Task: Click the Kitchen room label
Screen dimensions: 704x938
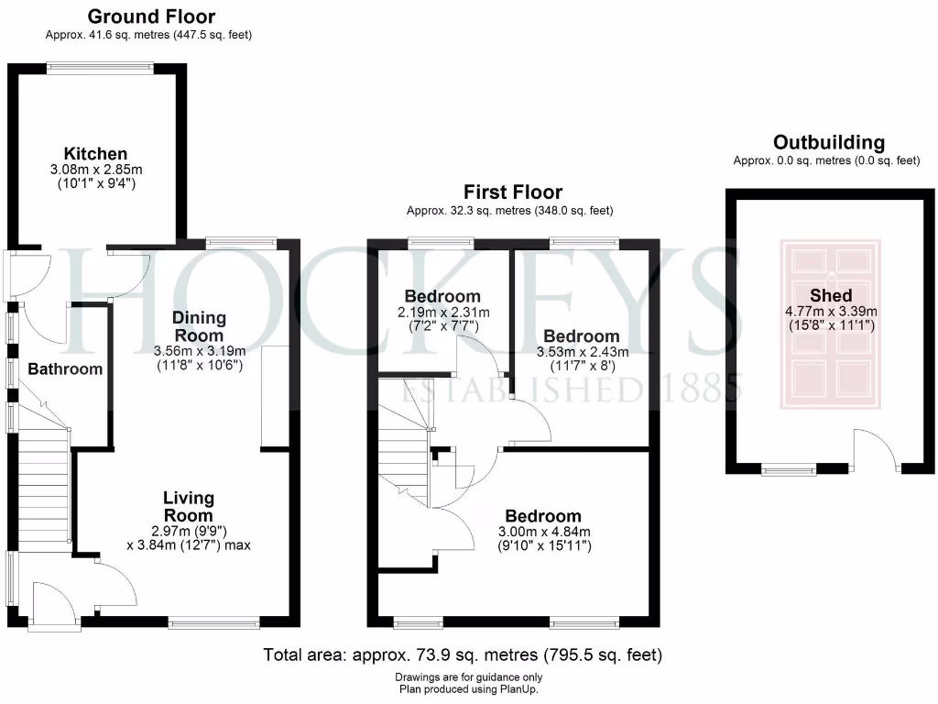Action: pyautogui.click(x=95, y=153)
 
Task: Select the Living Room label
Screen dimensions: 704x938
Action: pyautogui.click(x=189, y=507)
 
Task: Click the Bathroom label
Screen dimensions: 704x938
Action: pyautogui.click(x=64, y=368)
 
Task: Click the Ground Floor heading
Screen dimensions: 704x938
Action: pyautogui.click(x=151, y=16)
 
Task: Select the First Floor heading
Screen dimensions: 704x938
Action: pyautogui.click(x=512, y=192)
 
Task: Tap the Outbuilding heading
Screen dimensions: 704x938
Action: pyautogui.click(x=828, y=142)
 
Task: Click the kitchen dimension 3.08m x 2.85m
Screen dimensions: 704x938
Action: pyautogui.click(x=95, y=170)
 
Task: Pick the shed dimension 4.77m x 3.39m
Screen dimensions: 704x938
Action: pyautogui.click(x=831, y=312)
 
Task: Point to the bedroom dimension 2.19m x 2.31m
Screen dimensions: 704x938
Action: pyautogui.click(x=442, y=313)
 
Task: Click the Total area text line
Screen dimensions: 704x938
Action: pyautogui.click(x=463, y=655)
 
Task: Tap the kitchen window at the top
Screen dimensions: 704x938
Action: pyautogui.click(x=101, y=65)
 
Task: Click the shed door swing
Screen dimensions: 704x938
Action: pyautogui.click(x=875, y=449)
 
